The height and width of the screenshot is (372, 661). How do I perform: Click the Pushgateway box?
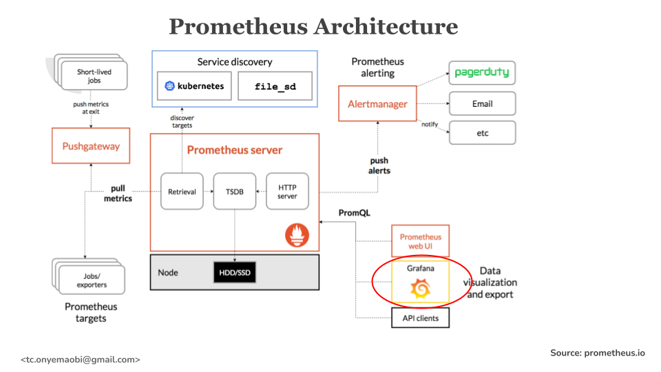(91, 146)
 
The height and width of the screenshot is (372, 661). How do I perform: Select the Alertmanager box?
(377, 104)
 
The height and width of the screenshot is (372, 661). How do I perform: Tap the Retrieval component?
(182, 191)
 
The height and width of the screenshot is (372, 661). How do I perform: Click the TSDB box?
(234, 191)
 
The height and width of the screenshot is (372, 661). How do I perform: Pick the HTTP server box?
(287, 191)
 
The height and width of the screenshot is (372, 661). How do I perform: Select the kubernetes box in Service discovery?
(194, 87)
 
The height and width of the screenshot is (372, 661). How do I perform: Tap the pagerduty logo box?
(482, 72)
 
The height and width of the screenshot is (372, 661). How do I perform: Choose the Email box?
(482, 104)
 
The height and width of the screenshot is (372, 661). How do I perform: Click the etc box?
(482, 132)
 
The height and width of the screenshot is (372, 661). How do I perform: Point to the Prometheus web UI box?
(420, 242)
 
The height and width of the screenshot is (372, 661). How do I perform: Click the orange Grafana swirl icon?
(420, 290)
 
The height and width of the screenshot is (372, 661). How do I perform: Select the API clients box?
(420, 318)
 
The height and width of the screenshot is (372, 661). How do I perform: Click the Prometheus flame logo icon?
(297, 236)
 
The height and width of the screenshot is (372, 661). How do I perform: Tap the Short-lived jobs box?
(94, 76)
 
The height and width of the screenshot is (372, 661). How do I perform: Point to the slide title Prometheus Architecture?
(313, 26)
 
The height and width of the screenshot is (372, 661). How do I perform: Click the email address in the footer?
(81, 360)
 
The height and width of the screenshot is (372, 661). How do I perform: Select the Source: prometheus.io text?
(597, 353)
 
